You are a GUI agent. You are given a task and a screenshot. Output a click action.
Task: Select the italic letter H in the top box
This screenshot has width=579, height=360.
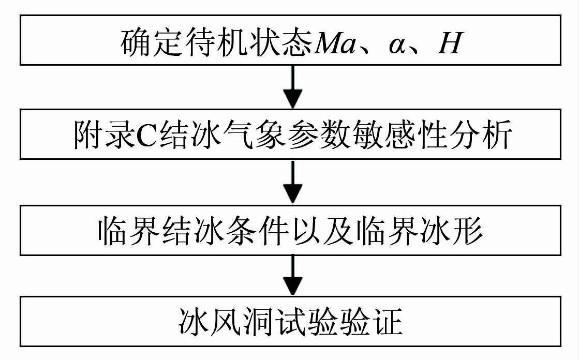coord(449,43)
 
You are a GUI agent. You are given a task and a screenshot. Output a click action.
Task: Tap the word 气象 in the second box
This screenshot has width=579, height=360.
coord(249,136)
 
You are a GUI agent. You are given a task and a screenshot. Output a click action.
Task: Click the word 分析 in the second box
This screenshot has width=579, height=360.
coord(484,136)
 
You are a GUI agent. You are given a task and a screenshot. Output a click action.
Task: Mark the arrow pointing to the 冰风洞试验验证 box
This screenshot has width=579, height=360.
coord(293,276)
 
